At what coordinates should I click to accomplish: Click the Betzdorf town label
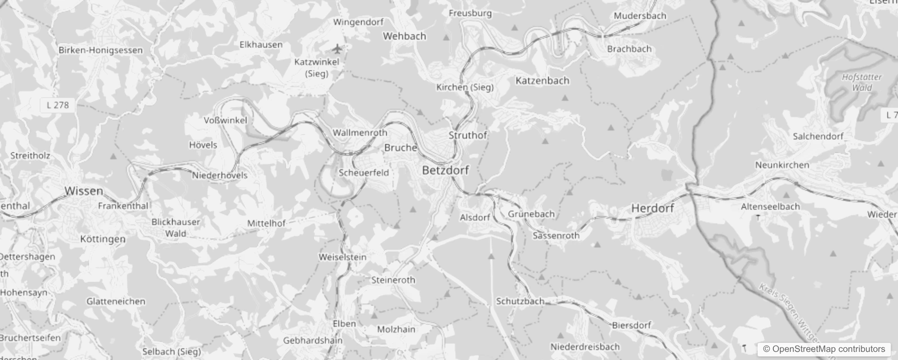[x=445, y=170]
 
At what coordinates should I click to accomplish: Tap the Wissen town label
[x=84, y=191]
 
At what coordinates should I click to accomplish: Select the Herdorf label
[x=652, y=208]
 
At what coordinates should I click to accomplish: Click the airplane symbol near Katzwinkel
[x=337, y=49]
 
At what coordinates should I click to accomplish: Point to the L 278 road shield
[x=58, y=105]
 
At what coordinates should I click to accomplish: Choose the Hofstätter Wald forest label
[x=862, y=82]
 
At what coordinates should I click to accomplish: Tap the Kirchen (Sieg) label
[x=465, y=87]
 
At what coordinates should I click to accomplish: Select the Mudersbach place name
[x=640, y=16]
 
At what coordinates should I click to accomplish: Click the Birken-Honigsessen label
[x=100, y=50]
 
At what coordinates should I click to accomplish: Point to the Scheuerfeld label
[x=364, y=172]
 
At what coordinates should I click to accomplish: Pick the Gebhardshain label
[x=313, y=341]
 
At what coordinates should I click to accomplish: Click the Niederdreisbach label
[x=585, y=347]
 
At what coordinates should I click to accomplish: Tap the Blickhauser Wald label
[x=175, y=227]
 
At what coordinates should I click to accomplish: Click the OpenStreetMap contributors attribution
[x=824, y=349]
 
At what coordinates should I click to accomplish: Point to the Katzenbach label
[x=542, y=81]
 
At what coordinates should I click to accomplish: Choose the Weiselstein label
[x=342, y=257]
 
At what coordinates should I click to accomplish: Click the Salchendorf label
[x=818, y=136]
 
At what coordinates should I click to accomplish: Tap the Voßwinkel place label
[x=225, y=121]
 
